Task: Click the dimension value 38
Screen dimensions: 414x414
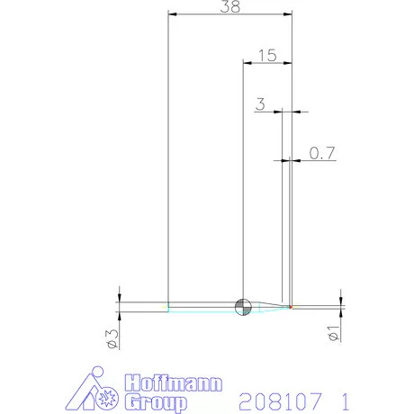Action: [x=230, y=7]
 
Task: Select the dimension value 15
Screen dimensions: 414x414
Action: [x=266, y=55]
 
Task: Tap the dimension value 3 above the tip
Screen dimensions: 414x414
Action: [x=260, y=104]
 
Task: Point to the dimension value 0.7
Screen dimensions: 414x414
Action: [x=322, y=154]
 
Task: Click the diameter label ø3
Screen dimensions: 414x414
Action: [x=111, y=337]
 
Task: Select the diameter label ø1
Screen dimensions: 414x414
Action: [x=333, y=334]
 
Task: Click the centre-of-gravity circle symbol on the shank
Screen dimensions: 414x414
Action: [x=242, y=307]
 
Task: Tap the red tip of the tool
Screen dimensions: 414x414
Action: [x=291, y=307]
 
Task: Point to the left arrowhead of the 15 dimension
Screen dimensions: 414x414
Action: [x=247, y=62]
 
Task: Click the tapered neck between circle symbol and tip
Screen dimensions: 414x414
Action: [x=270, y=307]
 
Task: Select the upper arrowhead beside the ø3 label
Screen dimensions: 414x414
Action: [x=119, y=297]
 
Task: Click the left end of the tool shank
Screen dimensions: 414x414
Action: [x=169, y=307]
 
